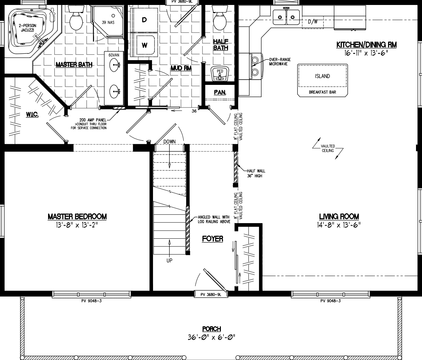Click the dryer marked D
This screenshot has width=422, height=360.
pos(144,20)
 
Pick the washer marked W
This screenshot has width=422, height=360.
pos(145,45)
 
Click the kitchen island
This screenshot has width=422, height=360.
pos(322,76)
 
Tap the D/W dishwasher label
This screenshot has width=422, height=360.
pos(313,22)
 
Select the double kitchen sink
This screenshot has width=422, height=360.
pos(286,16)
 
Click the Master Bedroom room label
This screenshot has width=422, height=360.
pos(77,216)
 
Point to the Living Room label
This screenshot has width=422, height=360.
pos(339,216)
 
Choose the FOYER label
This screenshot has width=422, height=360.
pos(212,239)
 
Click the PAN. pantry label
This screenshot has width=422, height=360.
pos(220,92)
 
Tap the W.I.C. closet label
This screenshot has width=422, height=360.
pos(32,114)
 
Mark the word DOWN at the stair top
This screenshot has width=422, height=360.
pos(169,141)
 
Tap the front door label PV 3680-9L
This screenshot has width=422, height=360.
pos(210,294)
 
